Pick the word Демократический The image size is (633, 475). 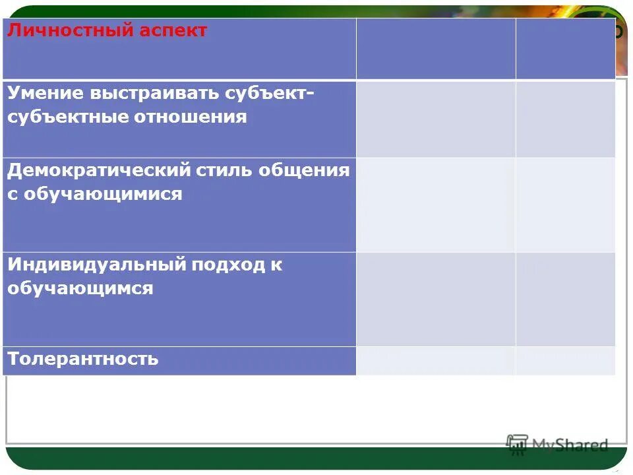pos(99,170)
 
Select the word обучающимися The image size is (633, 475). pos(105,194)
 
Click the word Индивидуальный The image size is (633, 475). pos(96,265)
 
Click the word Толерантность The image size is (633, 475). pos(83,359)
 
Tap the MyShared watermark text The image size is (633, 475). pos(570,445)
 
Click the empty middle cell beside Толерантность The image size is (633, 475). pos(435,360)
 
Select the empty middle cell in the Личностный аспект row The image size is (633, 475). pos(435,49)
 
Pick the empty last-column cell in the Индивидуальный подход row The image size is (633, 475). pos(565,299)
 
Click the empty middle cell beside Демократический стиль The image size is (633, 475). pos(435,205)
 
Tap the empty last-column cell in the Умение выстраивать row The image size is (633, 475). pos(565,119)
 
